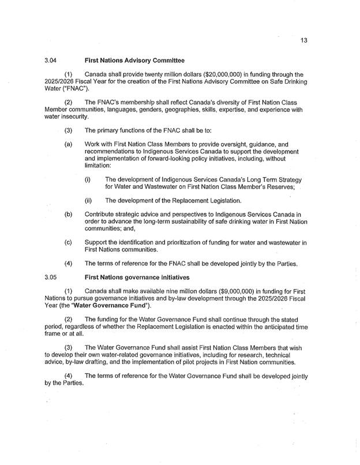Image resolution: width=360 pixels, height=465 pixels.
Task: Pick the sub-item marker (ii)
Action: (89, 200)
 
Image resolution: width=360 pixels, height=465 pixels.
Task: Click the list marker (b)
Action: (68, 215)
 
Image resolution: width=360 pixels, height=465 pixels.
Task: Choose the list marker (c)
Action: (68, 243)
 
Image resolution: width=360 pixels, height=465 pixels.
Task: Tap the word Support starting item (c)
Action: (96, 243)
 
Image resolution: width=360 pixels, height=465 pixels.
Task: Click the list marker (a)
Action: (68, 144)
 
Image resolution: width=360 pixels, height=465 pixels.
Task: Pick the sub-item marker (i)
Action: (88, 179)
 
